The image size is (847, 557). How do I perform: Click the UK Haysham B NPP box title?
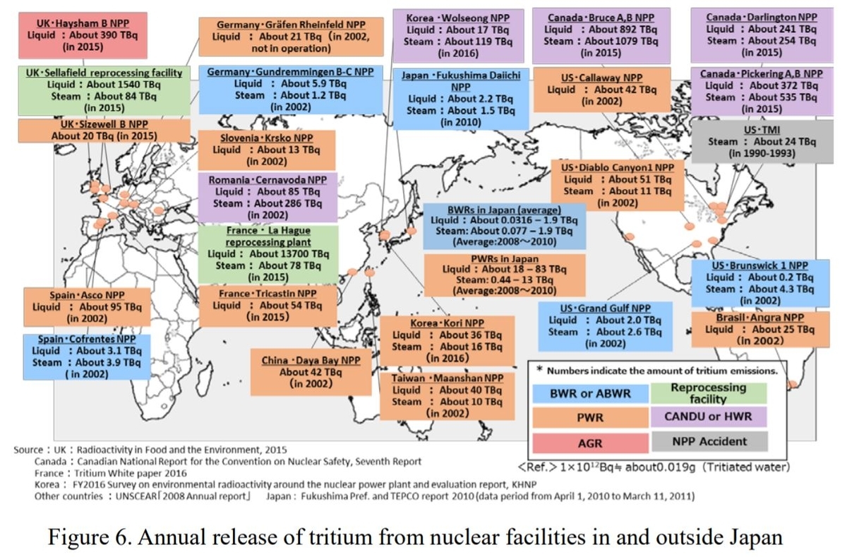83,23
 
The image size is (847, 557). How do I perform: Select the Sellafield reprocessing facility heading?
104,73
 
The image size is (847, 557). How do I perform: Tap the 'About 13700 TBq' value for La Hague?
289,253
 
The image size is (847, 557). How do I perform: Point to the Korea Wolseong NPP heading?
458,18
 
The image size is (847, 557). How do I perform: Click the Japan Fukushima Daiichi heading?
461,81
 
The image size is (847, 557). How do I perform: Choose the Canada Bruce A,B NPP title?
601,18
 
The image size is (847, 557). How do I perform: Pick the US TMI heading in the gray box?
762,130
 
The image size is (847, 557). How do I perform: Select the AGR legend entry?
590,443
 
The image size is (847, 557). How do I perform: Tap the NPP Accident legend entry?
709,441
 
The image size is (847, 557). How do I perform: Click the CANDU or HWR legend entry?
708,417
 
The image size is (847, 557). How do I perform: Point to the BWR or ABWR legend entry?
590,393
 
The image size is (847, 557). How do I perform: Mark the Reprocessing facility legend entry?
708,393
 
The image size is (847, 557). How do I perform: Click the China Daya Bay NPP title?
311,360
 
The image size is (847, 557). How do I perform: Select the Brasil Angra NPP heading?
760,318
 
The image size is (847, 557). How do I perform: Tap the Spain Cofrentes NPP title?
87,339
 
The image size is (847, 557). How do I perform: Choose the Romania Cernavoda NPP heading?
268,180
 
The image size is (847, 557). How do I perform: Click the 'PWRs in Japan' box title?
505,259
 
